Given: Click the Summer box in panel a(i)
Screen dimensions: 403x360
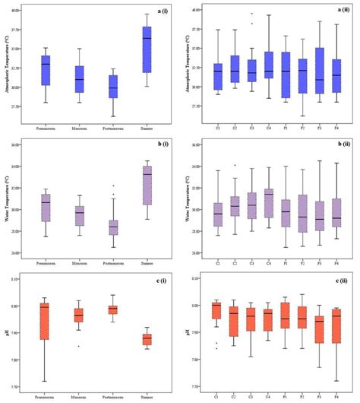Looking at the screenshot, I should tap(147, 49).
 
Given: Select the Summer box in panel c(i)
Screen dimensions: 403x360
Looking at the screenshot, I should tap(147, 338).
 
